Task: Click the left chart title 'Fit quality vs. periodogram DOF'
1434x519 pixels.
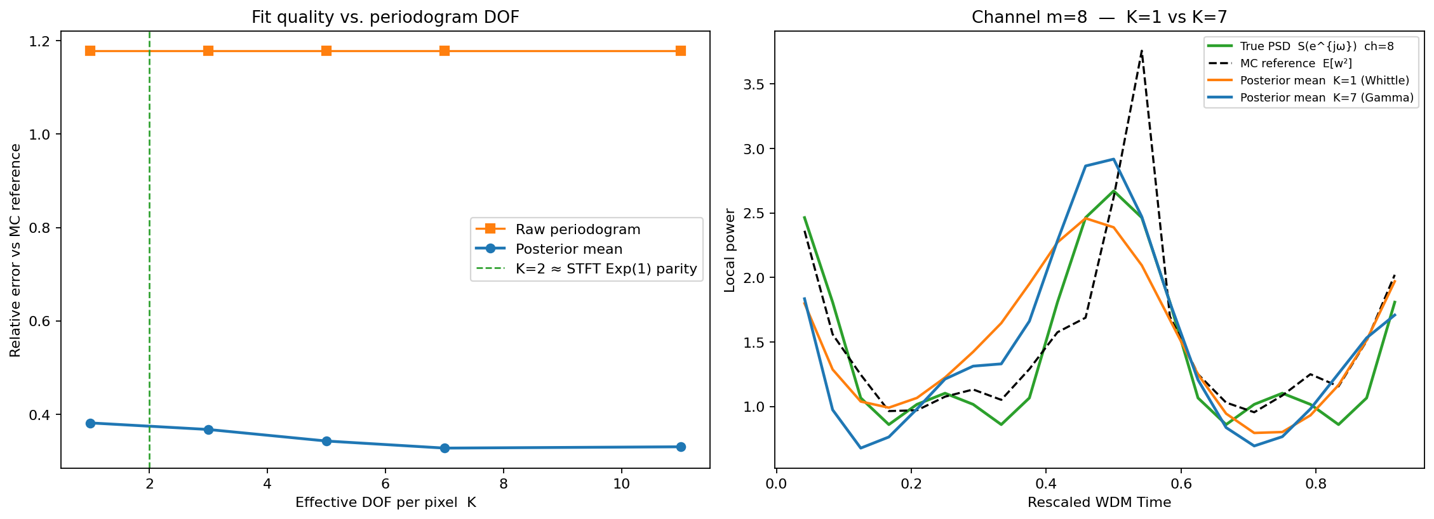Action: coord(385,17)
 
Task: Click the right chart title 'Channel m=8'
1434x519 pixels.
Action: coord(1099,17)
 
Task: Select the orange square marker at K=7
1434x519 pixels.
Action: coord(445,51)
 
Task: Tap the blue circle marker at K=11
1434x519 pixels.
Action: coord(681,447)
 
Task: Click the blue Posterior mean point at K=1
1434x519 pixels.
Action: coord(90,423)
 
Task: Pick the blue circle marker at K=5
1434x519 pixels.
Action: coord(326,441)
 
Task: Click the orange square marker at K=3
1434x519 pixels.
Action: coord(208,51)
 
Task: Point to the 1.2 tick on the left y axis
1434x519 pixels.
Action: coord(39,41)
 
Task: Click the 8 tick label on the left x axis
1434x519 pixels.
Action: coord(504,484)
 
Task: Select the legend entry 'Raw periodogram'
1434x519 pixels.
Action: coord(577,229)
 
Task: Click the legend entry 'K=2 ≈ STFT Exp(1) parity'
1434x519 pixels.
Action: coord(606,269)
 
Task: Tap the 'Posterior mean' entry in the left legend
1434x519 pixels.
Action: coord(568,249)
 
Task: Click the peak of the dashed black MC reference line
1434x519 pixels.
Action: coord(1141,51)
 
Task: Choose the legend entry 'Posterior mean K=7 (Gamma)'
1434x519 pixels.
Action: coord(1326,98)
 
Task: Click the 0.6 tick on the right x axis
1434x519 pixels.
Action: coord(1181,484)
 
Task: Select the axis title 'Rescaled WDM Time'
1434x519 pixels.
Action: coord(1099,503)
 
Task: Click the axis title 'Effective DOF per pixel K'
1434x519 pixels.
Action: coord(385,503)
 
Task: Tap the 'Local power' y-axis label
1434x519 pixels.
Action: coord(730,250)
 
